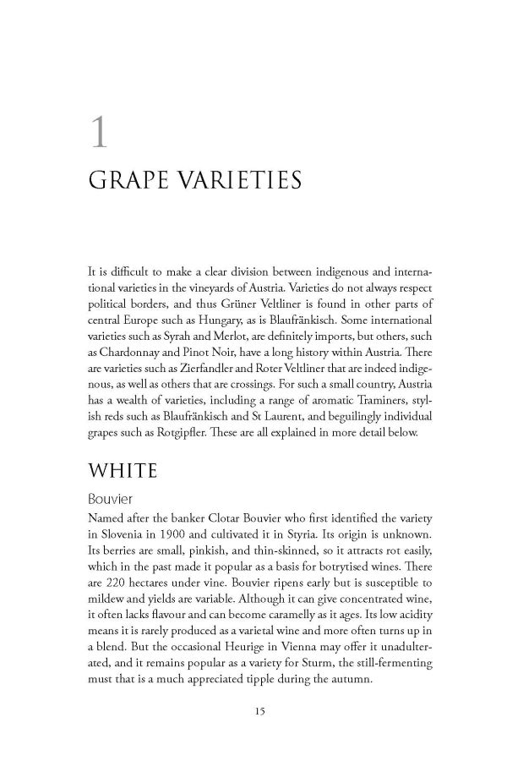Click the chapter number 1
tap(101, 134)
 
